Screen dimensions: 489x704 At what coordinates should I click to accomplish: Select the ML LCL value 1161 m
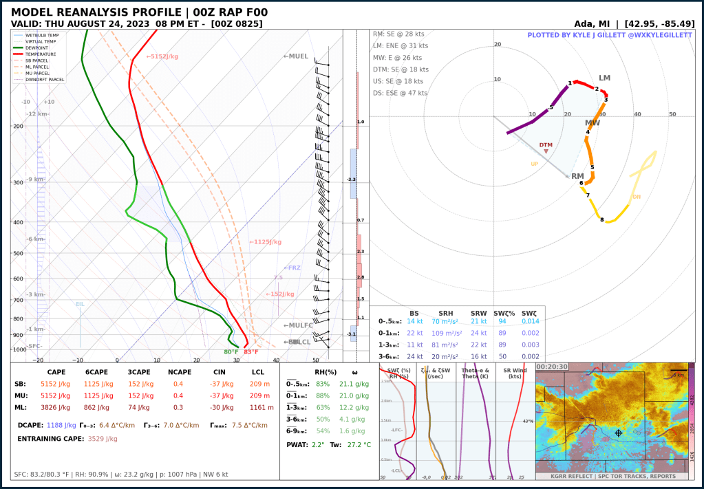click(x=259, y=407)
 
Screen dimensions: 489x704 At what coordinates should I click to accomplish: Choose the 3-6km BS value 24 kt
click(x=414, y=356)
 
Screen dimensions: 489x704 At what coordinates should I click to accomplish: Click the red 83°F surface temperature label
click(x=251, y=352)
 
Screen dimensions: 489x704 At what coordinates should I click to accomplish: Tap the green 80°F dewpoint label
click(x=231, y=352)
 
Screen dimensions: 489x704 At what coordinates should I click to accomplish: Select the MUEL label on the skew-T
click(x=296, y=56)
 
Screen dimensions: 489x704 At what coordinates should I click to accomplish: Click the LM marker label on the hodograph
click(x=604, y=78)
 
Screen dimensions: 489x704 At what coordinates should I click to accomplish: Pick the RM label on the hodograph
click(x=577, y=176)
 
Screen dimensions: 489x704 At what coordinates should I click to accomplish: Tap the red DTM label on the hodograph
click(x=546, y=145)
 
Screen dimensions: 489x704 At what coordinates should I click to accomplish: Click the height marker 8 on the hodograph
click(x=602, y=220)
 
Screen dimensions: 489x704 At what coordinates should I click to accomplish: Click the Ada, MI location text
click(x=596, y=23)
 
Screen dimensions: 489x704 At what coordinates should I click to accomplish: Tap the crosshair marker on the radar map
click(x=619, y=433)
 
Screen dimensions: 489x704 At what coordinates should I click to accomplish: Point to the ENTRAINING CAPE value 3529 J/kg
click(x=103, y=438)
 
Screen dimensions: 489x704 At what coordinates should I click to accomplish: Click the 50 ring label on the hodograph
click(x=672, y=114)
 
